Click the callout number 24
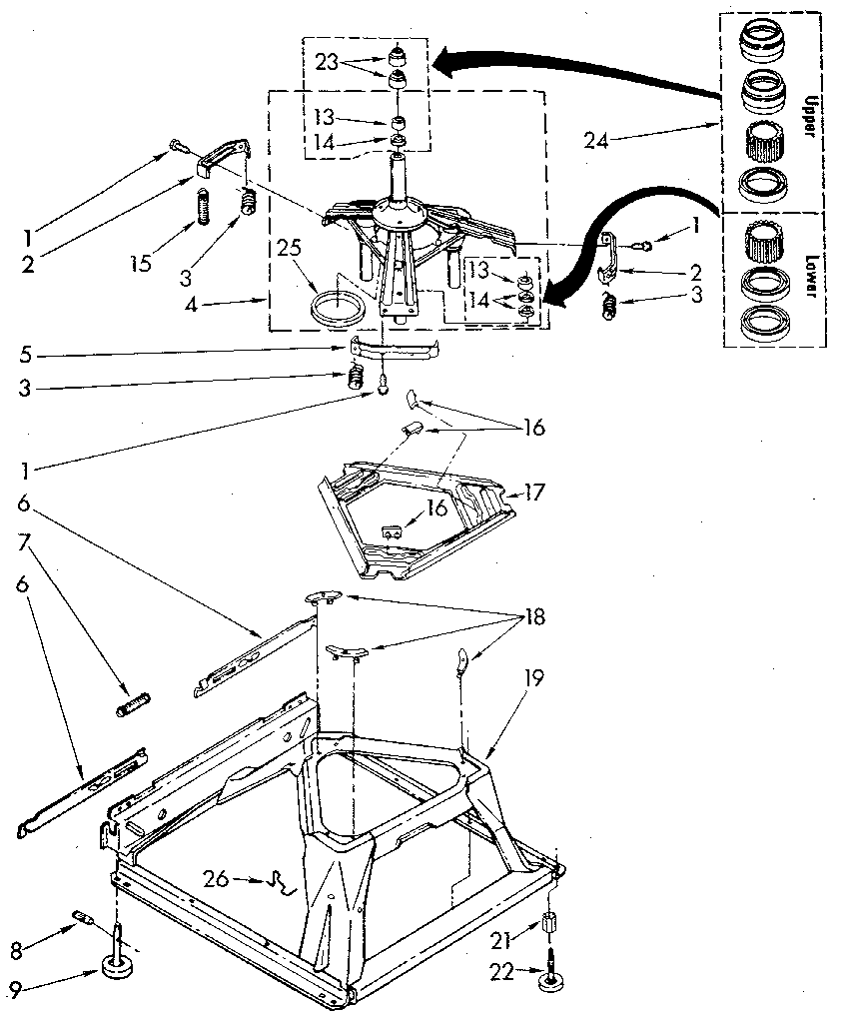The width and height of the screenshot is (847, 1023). tap(596, 140)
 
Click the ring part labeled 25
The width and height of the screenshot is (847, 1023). tap(336, 306)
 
